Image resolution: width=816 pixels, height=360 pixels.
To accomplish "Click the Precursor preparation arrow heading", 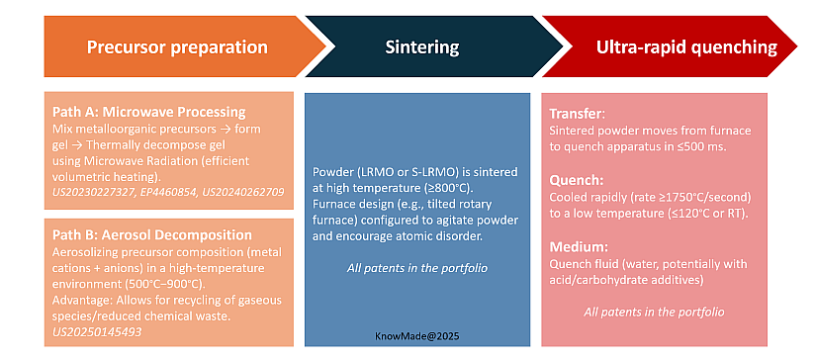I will coord(176,47).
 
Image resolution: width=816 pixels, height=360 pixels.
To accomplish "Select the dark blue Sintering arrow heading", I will coord(422,47).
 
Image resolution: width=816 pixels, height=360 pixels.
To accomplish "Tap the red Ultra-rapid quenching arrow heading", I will coord(673,47).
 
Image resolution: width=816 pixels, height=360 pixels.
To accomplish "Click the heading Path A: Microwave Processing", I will coord(147,113).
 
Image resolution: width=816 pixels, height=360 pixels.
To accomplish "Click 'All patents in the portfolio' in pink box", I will coord(654,312).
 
